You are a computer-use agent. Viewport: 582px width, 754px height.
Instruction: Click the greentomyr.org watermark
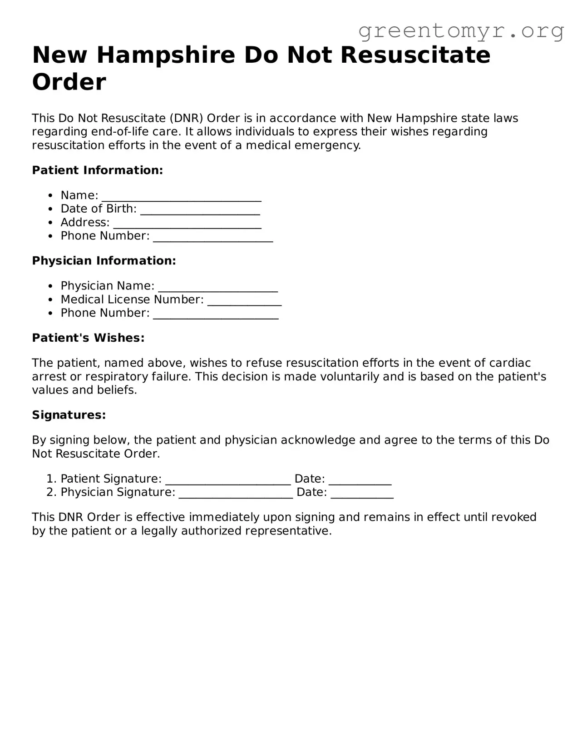[x=461, y=31]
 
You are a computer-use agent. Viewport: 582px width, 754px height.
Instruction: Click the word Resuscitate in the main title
[x=415, y=55]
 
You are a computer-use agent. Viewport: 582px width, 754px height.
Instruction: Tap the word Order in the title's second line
[x=69, y=82]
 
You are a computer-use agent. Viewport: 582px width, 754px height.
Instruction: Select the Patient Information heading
[x=97, y=170]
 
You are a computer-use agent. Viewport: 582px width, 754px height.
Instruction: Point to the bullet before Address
[x=51, y=223]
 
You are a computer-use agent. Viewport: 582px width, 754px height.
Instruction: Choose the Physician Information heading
[x=104, y=261]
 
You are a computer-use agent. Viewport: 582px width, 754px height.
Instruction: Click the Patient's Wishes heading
[x=88, y=338]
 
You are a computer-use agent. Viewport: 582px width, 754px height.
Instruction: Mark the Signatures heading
[x=69, y=415]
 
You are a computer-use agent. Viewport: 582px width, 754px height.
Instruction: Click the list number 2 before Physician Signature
[x=50, y=492]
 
